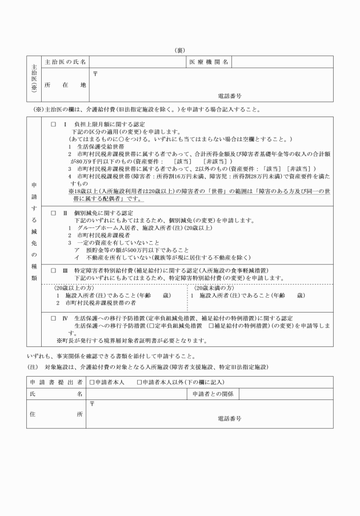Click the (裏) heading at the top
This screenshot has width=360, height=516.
(x=179, y=50)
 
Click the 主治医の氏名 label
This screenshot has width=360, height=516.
(x=65, y=62)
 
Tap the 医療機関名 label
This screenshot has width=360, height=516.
(x=209, y=62)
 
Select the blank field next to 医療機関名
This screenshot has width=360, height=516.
(x=282, y=62)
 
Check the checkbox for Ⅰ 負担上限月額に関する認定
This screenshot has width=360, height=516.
(x=53, y=124)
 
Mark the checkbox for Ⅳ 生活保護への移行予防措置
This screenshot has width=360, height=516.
(x=53, y=318)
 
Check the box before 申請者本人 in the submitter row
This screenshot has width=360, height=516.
(x=92, y=382)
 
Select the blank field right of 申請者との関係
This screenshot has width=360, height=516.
(x=286, y=394)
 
